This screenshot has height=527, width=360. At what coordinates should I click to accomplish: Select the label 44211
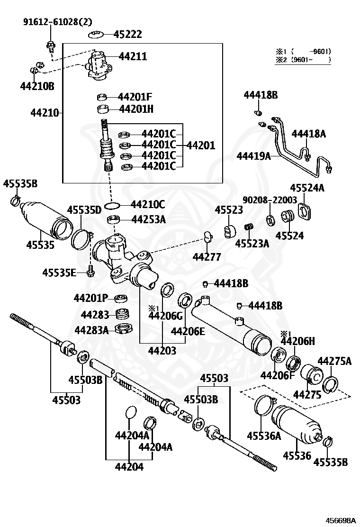click(x=133, y=56)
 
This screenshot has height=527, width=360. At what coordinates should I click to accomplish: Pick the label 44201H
click(x=136, y=109)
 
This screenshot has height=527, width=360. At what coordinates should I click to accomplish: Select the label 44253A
click(x=148, y=219)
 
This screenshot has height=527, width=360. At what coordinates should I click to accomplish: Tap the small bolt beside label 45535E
click(x=90, y=273)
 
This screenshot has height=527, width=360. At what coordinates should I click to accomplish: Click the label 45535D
click(x=84, y=210)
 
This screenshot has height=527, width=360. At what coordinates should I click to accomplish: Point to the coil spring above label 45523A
click(x=247, y=228)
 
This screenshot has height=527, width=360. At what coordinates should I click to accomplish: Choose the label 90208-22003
click(x=270, y=200)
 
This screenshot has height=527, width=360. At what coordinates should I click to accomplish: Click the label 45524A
click(x=307, y=188)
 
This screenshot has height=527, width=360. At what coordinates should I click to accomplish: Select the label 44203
click(x=162, y=351)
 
